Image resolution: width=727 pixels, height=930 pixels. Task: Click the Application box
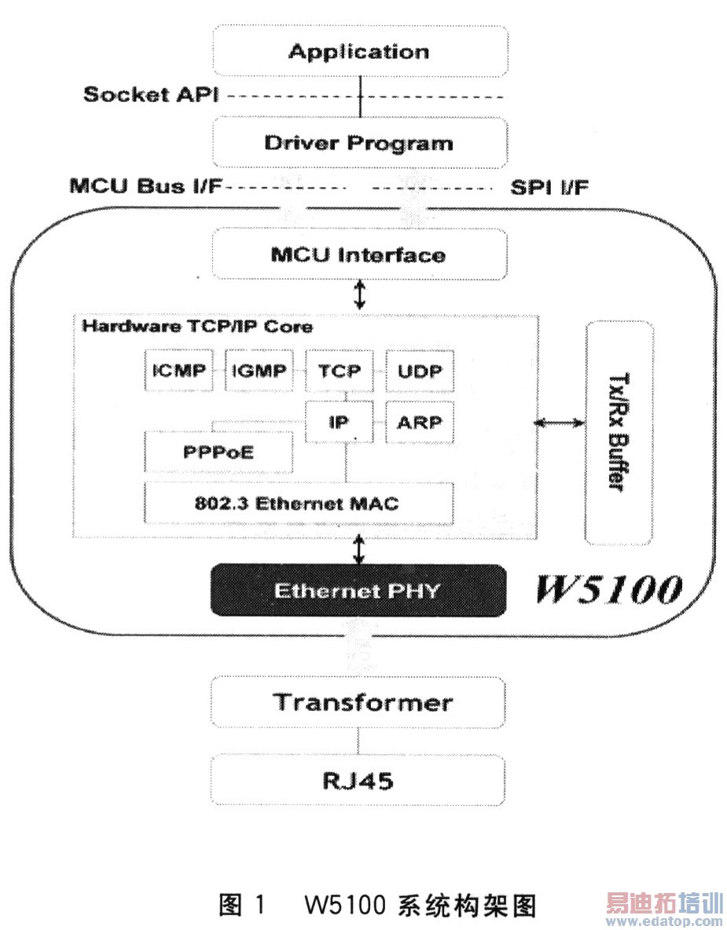[359, 52]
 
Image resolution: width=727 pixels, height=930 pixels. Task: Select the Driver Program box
[359, 143]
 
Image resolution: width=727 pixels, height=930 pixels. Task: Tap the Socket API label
[150, 95]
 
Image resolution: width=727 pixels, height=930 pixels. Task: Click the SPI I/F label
[550, 187]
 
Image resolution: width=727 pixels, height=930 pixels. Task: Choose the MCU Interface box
[359, 254]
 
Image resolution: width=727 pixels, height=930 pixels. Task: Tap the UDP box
[419, 372]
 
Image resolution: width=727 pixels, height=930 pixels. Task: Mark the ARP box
[419, 422]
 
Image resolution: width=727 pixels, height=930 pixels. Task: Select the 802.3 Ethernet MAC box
[299, 503]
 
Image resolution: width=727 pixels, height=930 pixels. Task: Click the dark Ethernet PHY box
[357, 590]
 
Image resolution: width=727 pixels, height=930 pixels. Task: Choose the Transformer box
[359, 701]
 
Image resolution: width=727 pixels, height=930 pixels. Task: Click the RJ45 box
[359, 782]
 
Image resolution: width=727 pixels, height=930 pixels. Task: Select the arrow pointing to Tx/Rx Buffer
[560, 423]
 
